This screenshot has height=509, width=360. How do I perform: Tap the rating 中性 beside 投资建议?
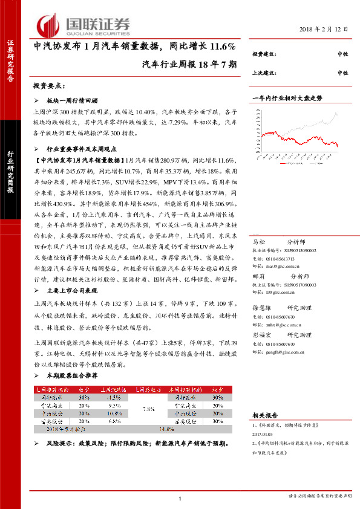click(342, 54)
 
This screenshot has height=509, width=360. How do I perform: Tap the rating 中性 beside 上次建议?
click(342, 73)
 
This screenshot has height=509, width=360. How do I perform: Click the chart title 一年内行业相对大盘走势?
click(287, 97)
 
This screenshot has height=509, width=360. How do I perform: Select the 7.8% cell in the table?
click(146, 409)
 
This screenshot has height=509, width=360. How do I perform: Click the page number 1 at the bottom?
click(180, 497)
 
